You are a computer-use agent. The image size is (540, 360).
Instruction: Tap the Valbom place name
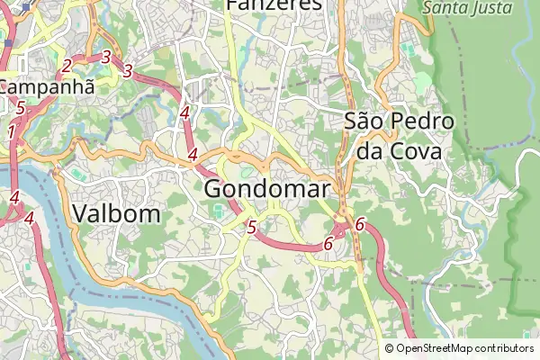tap(116, 213)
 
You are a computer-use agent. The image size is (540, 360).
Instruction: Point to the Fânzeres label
tap(274, 4)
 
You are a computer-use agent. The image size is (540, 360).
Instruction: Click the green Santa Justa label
tap(468, 8)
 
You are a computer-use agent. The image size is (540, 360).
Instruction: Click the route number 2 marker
tap(67, 65)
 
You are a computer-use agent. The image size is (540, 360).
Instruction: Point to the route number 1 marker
tap(11, 132)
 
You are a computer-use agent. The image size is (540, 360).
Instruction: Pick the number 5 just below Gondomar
tap(251, 228)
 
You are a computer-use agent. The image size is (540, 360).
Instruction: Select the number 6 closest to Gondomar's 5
tap(328, 243)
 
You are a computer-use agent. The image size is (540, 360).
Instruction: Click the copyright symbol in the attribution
tap(389, 348)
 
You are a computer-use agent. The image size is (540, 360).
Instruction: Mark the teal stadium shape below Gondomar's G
tap(220, 213)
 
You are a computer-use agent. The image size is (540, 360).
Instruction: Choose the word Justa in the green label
tap(491, 8)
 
